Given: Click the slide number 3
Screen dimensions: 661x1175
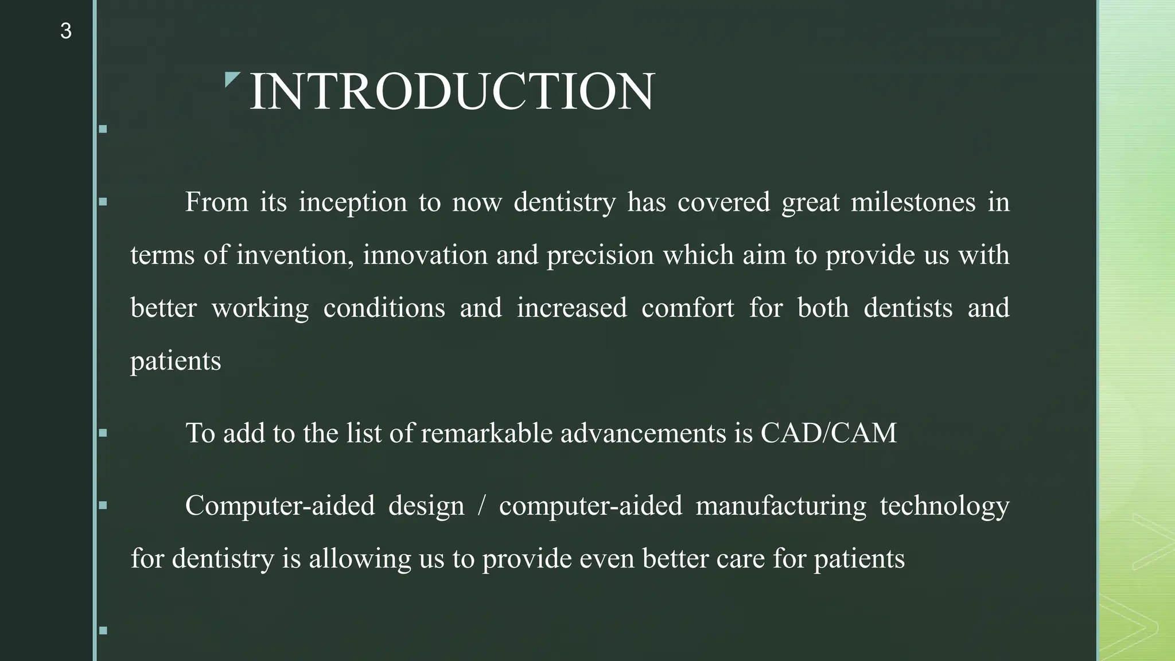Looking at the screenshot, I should tap(65, 31).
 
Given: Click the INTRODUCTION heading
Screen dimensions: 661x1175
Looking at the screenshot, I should tap(452, 92).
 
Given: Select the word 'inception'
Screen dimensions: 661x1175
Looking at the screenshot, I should tap(352, 203).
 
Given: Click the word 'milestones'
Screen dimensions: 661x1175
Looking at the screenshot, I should tap(913, 203).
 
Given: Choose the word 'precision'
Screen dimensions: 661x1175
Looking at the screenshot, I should tap(600, 255).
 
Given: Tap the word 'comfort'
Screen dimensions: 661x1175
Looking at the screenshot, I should tap(687, 308).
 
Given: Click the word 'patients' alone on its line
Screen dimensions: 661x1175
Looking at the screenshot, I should tap(176, 361).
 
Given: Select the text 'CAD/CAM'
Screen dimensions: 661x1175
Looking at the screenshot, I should tap(828, 433).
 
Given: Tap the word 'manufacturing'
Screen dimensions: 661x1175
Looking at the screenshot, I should tap(781, 506).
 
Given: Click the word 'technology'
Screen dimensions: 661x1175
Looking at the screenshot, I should tap(944, 506).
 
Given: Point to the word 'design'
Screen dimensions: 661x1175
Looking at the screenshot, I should tap(426, 506).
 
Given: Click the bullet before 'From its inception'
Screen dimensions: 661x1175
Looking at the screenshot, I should tap(103, 202).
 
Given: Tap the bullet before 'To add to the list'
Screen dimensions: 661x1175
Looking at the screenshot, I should tap(103, 433).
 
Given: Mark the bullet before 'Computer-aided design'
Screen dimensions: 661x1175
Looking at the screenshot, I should tap(103, 506).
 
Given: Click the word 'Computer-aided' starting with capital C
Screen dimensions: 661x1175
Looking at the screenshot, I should tap(280, 506).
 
